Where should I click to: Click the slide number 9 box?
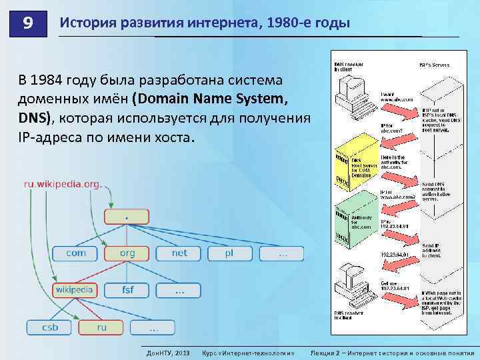27,24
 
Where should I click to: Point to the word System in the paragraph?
262,100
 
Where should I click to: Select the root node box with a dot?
126,217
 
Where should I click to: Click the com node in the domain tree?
75,253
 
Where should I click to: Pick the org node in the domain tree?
127,253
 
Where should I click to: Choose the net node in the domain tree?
179,253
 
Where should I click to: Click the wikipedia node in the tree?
74,290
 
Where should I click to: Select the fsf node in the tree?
127,290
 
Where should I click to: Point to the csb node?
49,327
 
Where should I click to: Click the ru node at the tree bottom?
101,327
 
